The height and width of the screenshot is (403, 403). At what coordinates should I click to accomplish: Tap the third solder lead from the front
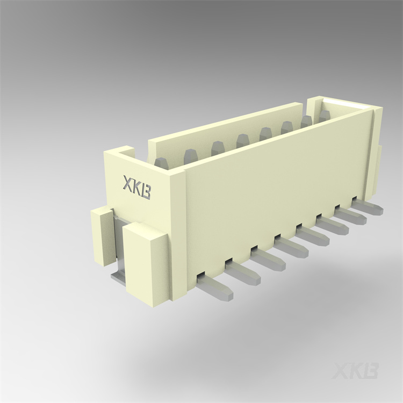269,257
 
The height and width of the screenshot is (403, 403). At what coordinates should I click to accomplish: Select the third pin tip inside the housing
218,146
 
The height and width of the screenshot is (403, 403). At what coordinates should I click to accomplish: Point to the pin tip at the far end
324,115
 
